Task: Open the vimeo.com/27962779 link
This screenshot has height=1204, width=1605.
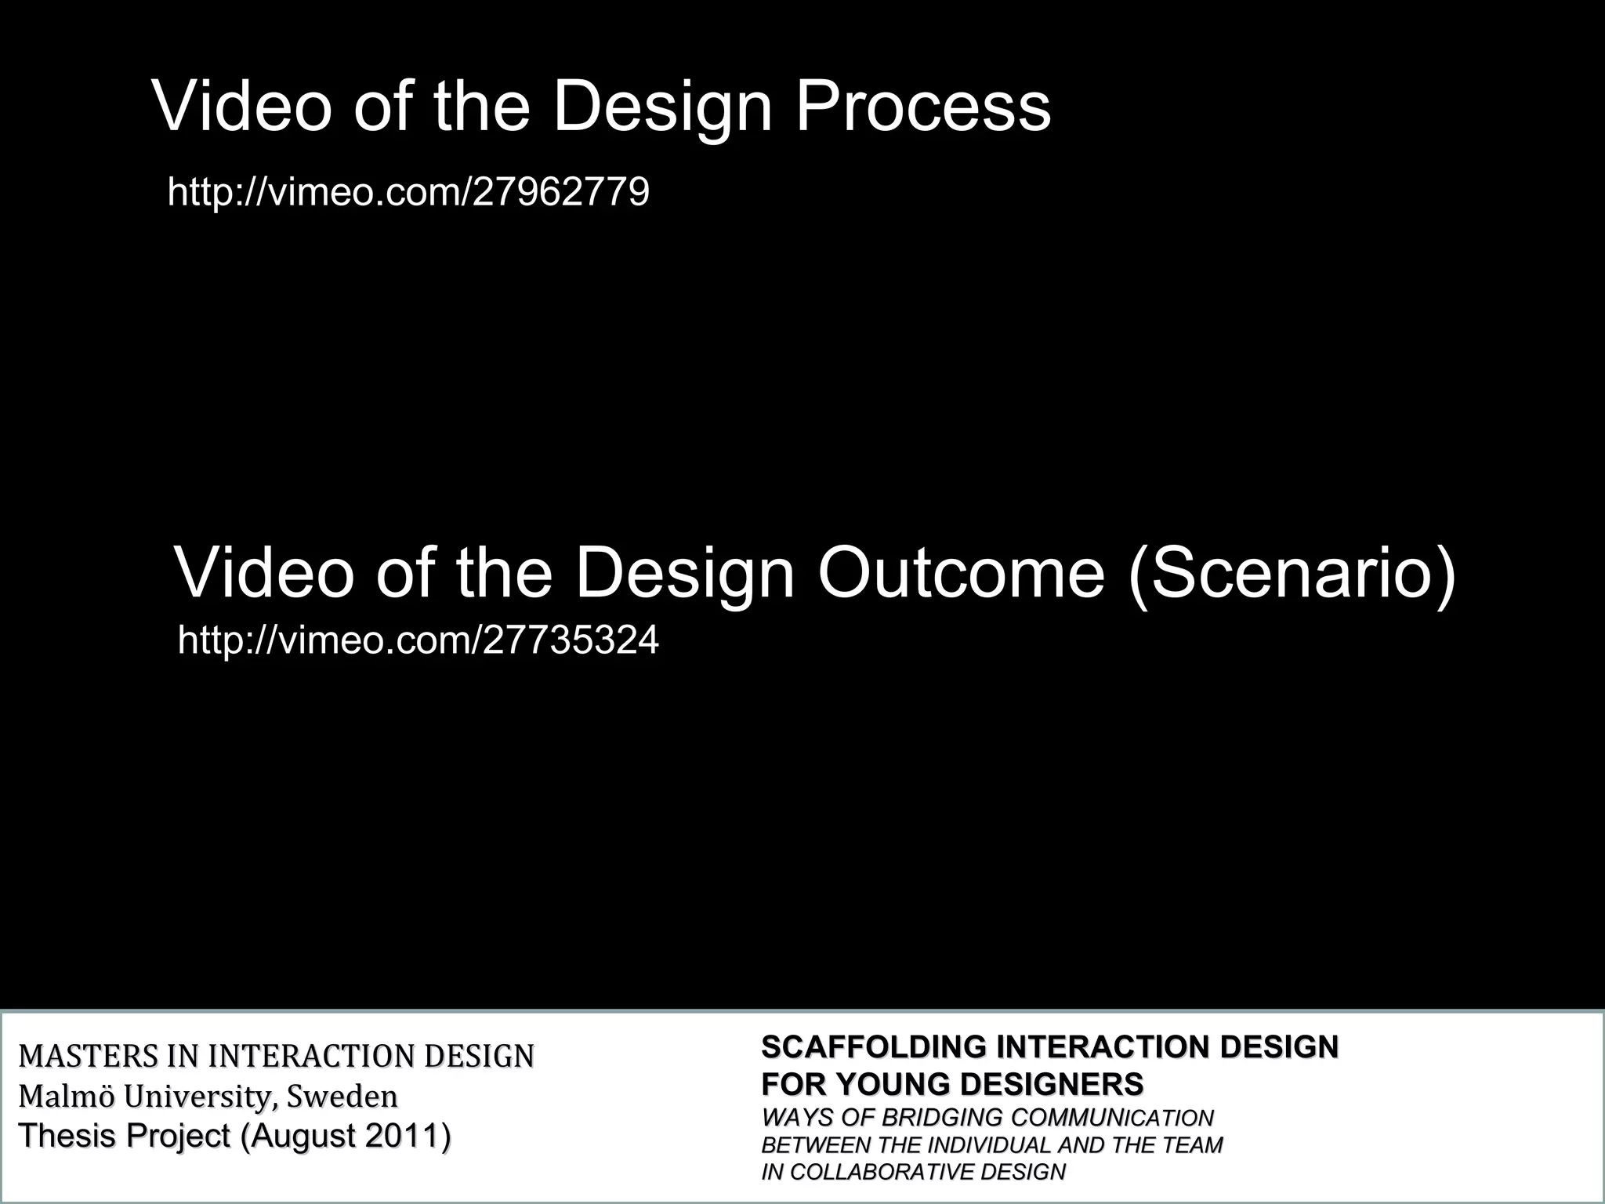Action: (408, 191)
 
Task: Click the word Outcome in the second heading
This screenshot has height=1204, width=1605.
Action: (961, 573)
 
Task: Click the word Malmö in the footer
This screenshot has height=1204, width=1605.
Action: (66, 1095)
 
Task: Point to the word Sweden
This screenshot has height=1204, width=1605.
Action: (342, 1095)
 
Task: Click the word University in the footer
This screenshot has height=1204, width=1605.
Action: (199, 1095)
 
